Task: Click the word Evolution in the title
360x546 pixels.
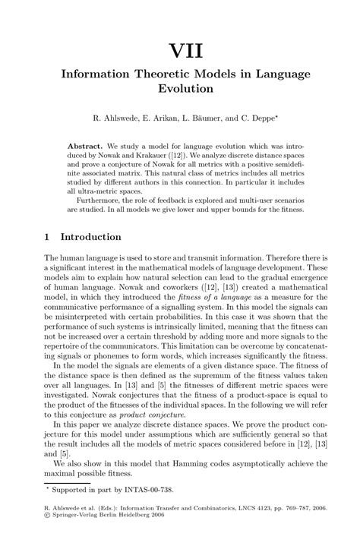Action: click(180, 88)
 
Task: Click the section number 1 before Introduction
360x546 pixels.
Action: click(47, 237)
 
